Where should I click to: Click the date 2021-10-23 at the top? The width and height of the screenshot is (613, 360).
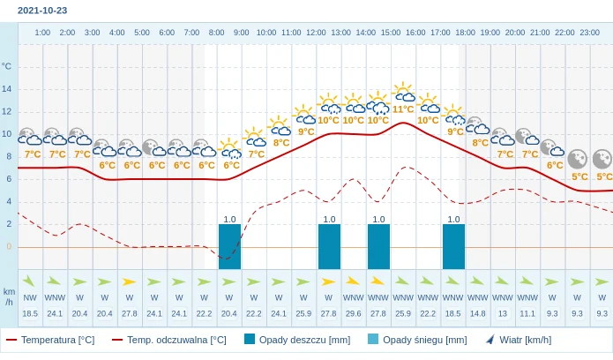pos(42,11)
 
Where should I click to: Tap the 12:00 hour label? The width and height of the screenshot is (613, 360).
pos(316,33)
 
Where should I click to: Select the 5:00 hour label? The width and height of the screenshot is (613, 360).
pos(142,33)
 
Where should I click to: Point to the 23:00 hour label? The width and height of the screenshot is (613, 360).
pos(590,33)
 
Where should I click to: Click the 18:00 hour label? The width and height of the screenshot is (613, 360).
pos(465,33)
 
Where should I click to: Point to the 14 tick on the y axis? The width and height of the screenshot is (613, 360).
pos(7,89)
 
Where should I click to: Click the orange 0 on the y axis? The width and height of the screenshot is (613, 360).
pos(9,246)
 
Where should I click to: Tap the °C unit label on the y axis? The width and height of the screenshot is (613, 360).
pos(7,66)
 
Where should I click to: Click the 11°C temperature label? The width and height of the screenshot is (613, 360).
pos(403,109)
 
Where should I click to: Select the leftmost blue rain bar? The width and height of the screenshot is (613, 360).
pos(229,246)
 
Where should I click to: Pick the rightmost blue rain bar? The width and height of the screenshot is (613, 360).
pos(453,246)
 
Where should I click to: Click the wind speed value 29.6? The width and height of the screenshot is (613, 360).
pos(354,313)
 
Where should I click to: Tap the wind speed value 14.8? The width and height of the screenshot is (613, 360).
pos(478,313)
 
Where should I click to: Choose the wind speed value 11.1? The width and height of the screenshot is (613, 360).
pos(527,313)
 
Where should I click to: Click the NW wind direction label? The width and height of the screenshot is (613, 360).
pos(30,297)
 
